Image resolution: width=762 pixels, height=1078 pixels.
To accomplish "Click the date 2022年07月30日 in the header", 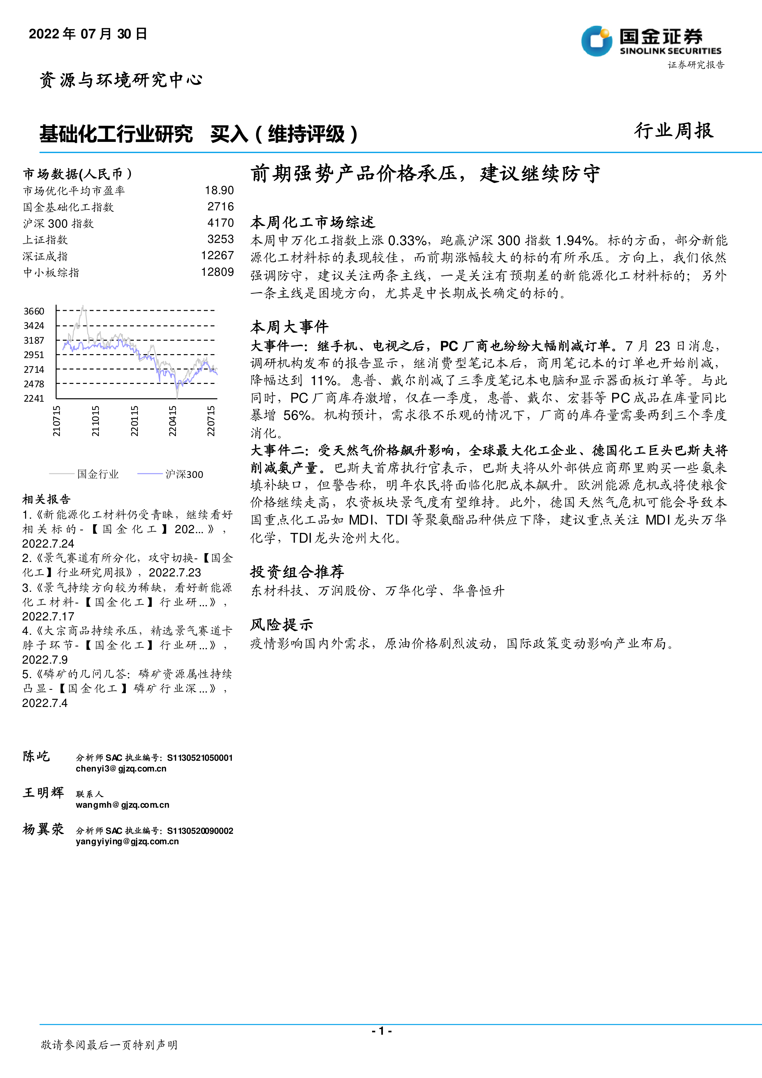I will [x=88, y=34].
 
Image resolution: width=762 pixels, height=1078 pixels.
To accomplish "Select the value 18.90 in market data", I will [x=219, y=190].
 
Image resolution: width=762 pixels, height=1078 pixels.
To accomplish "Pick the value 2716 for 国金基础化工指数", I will [x=220, y=207].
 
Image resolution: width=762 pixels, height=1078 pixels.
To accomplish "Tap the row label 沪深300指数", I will [x=58, y=224].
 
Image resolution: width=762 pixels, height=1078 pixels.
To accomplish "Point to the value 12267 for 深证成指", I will [x=217, y=256].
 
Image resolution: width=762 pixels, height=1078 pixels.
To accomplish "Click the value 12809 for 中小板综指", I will [x=217, y=272].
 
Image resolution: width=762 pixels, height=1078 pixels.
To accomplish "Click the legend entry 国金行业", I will [x=98, y=474].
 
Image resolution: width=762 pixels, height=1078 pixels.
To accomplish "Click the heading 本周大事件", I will [x=289, y=326].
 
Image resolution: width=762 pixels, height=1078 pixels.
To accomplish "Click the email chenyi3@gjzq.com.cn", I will [x=121, y=769].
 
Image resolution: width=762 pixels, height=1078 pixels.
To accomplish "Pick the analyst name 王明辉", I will [x=43, y=793].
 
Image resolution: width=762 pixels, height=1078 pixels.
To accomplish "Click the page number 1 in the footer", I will [x=382, y=1031].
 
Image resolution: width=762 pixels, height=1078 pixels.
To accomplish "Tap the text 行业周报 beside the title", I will [x=674, y=131].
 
